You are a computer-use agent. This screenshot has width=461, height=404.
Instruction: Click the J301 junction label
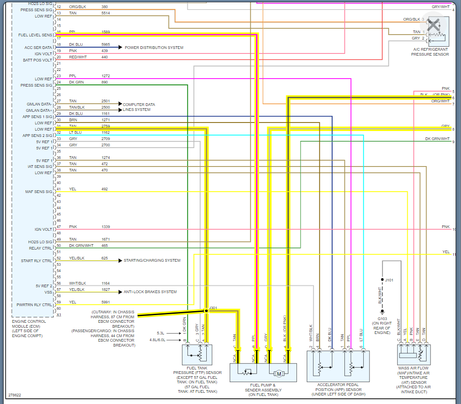point(213,308)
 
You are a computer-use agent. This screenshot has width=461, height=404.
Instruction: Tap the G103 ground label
point(382,319)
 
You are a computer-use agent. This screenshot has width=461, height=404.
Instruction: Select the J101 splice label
point(389,280)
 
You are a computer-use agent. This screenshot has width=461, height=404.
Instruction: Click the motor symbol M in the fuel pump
point(278,373)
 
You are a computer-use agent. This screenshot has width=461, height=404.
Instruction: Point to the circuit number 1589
point(105,32)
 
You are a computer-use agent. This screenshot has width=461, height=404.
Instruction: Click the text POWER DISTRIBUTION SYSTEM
point(154,48)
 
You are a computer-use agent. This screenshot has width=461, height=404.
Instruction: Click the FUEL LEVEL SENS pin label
point(35,35)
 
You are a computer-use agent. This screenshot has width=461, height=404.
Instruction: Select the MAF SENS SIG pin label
point(39,192)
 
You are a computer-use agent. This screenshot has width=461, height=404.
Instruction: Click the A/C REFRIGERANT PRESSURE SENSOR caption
point(430,52)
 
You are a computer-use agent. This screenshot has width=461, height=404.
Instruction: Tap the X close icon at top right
point(433,25)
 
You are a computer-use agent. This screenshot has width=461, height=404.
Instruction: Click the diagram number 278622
point(15,395)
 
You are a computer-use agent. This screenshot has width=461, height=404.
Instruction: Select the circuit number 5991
point(105,302)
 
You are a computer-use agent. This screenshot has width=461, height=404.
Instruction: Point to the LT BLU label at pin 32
point(75,132)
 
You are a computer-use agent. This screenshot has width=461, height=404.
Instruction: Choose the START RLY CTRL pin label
point(36,261)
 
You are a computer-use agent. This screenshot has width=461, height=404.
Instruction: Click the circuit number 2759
point(105,127)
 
